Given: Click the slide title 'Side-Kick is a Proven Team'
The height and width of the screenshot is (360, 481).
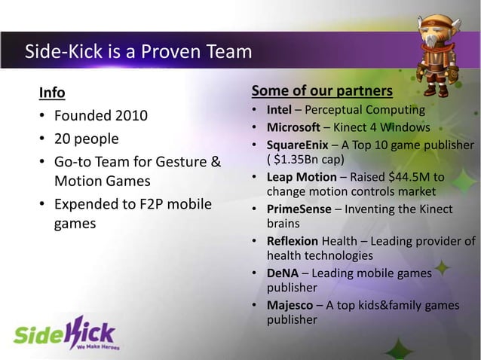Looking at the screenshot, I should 138,52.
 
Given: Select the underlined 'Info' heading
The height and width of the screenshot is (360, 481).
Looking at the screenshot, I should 51,93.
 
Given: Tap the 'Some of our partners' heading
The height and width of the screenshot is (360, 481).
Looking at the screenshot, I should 321,92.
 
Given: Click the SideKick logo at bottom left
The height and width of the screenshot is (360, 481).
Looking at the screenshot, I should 64,331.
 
